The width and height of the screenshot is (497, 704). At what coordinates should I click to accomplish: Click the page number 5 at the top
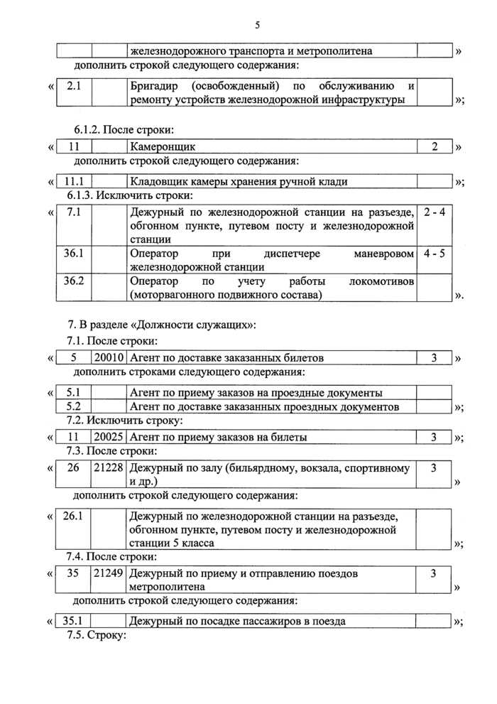tap(258, 26)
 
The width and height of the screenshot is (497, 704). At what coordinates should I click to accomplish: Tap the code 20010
tap(109, 358)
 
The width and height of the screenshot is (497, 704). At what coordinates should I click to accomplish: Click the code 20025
tap(109, 437)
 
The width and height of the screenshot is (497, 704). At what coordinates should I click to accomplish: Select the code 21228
tap(109, 468)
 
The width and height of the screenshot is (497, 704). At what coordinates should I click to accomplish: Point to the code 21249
tap(109, 573)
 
